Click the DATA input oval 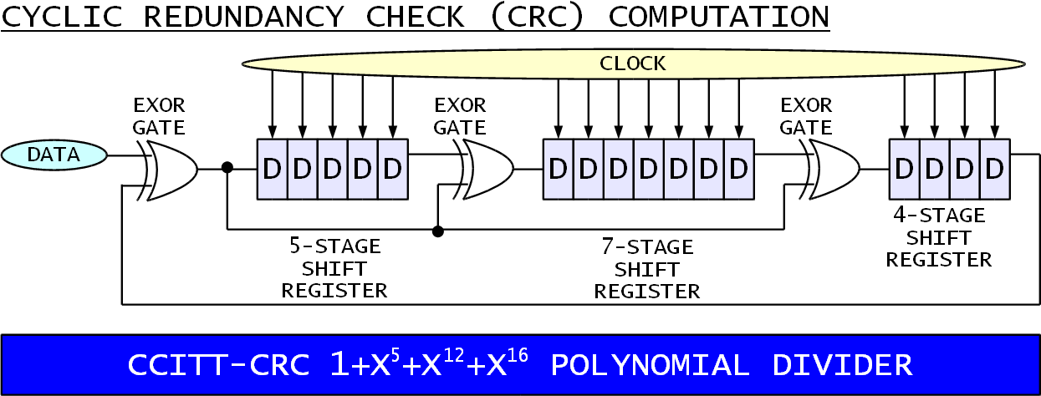click(x=54, y=155)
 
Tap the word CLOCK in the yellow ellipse click(x=632, y=63)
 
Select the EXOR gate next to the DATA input click(x=171, y=169)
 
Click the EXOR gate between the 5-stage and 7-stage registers click(x=487, y=169)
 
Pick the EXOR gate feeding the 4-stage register click(x=833, y=169)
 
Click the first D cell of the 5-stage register click(x=272, y=169)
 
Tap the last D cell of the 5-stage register click(x=392, y=169)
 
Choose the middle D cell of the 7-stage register click(x=648, y=169)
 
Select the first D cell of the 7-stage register click(x=558, y=169)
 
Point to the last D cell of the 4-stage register click(x=994, y=169)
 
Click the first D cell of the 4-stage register click(x=904, y=169)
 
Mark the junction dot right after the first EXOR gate click(x=227, y=167)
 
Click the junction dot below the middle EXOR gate click(x=437, y=231)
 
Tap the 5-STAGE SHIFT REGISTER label click(x=334, y=268)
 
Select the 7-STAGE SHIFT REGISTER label click(x=646, y=269)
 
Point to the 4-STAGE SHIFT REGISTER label click(x=939, y=237)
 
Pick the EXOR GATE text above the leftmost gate click(x=159, y=116)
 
